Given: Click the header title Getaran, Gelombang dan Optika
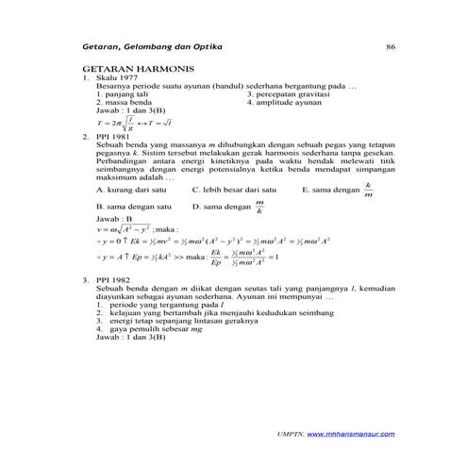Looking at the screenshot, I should pyautogui.click(x=154, y=47).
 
